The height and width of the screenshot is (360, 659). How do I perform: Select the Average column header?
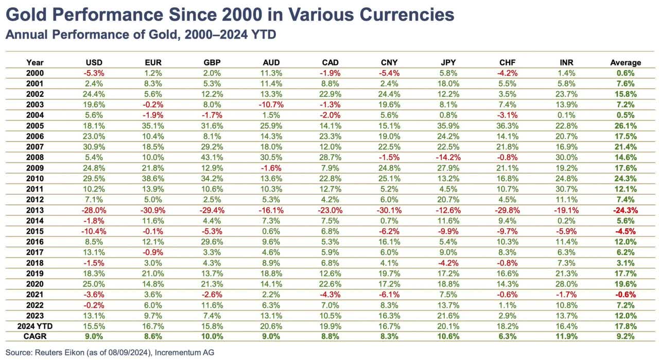point(626,62)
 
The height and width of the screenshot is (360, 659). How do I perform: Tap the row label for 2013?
point(34,210)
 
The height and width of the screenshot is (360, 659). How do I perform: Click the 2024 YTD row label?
point(35,326)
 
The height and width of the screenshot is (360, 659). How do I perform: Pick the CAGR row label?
point(34,336)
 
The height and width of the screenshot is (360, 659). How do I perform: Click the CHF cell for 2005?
point(507,126)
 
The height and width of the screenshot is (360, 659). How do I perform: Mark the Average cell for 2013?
point(626,210)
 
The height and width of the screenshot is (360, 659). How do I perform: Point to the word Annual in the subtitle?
point(23,35)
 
